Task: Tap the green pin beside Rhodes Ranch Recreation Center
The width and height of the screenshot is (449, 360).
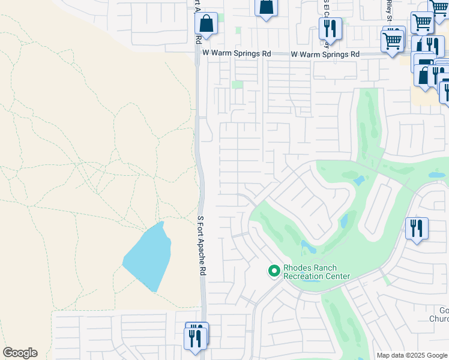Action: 274,271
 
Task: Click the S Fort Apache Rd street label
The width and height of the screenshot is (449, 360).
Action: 202,245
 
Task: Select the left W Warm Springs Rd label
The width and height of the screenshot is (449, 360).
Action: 237,53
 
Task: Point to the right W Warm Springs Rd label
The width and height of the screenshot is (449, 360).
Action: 325,54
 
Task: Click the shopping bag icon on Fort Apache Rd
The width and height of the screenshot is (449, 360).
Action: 206,25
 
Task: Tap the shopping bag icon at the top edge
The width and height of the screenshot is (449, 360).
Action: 266,7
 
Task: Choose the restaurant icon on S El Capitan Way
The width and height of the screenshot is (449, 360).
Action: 330,28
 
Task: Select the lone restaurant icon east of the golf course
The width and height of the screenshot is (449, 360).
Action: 417,229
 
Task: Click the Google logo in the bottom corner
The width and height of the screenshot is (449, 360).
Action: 20,353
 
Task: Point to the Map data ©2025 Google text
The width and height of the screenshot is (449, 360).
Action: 412,355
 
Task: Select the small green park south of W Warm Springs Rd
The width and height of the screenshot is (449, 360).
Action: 238,85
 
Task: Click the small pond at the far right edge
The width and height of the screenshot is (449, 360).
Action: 436,175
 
